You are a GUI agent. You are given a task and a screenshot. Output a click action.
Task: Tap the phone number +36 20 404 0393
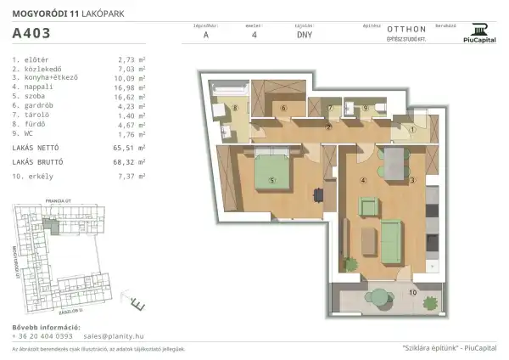[42, 336]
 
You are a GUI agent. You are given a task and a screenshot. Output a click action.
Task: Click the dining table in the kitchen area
[392, 160]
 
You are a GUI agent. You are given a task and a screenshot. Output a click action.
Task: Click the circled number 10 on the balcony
[412, 292]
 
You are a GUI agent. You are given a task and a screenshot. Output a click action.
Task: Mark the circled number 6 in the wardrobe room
[284, 108]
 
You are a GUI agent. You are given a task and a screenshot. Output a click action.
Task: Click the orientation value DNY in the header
[304, 36]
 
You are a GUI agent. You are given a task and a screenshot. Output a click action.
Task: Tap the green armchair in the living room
[368, 206]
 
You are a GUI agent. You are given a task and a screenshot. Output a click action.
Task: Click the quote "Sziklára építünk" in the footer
[432, 348]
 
